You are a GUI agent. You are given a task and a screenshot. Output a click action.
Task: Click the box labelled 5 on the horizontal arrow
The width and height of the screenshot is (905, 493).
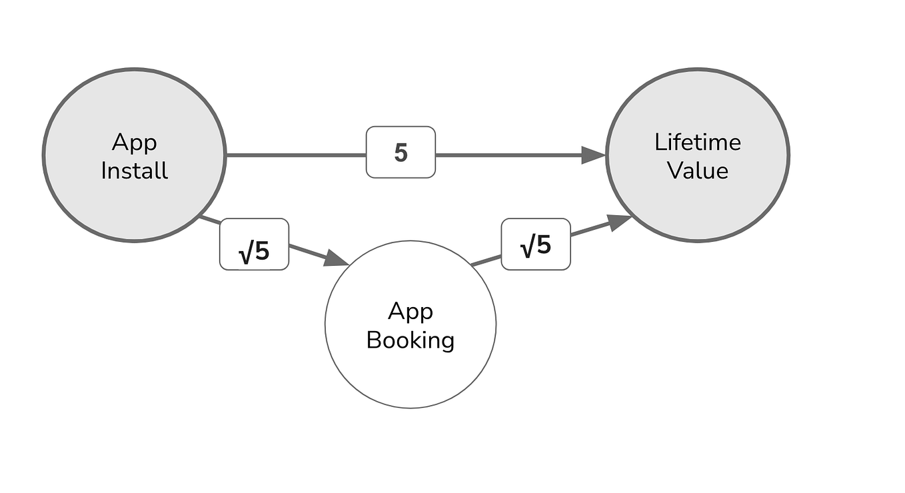click(x=401, y=153)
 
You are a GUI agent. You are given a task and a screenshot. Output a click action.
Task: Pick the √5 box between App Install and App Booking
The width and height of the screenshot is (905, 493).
click(x=254, y=245)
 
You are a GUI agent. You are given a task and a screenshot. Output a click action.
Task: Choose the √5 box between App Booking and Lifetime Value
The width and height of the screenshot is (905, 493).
click(x=535, y=245)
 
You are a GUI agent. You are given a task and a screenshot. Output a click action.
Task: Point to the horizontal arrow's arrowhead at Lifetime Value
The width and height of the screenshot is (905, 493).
click(x=592, y=155)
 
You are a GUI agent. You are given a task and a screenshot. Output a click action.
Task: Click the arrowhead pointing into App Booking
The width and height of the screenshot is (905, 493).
click(x=336, y=259)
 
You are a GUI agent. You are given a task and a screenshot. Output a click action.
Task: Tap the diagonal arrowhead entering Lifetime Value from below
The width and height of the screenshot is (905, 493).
click(x=620, y=222)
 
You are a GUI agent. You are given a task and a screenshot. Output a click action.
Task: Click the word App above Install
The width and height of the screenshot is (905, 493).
click(x=134, y=143)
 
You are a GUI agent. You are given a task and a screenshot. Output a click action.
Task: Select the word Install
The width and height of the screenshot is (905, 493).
click(x=134, y=171)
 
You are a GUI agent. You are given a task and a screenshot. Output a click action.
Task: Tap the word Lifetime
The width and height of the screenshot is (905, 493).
click(x=697, y=142)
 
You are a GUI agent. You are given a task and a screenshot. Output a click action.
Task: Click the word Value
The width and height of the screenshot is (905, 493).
click(x=697, y=171)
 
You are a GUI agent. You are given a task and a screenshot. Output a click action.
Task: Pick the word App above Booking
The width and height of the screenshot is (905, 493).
click(x=410, y=311)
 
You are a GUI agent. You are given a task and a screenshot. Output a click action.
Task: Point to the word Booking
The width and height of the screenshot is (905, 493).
click(x=410, y=340)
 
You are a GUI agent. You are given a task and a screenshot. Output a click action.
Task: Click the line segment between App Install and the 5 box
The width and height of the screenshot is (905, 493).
click(x=296, y=155)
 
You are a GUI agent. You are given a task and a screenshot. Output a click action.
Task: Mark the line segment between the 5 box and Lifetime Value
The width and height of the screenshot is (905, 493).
click(x=506, y=155)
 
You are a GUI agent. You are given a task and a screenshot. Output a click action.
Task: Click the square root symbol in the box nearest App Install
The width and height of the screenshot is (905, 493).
click(x=245, y=253)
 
